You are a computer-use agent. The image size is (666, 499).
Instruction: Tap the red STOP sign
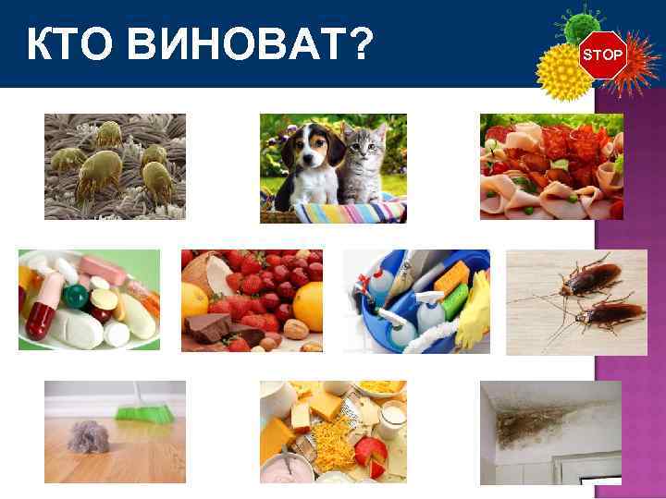(x=602, y=55)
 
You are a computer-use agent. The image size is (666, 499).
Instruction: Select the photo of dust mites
(x=115, y=166)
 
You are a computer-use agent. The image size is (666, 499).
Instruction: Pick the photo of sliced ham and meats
(x=550, y=166)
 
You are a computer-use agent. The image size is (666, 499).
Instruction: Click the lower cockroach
(x=606, y=316)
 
